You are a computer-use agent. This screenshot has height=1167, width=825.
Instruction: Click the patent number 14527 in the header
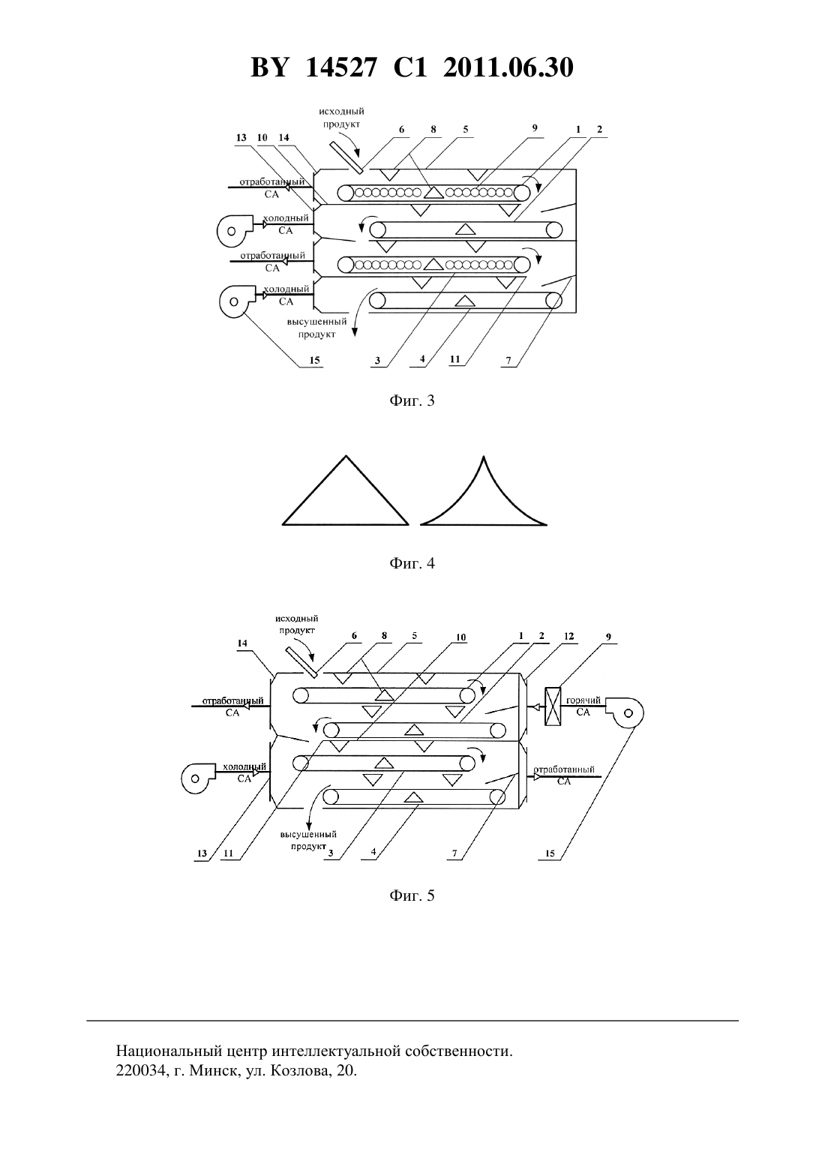340,67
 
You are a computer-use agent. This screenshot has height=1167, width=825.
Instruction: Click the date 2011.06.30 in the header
508,67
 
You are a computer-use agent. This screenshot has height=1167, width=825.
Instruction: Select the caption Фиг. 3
412,400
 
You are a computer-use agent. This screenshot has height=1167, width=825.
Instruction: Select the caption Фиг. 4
412,563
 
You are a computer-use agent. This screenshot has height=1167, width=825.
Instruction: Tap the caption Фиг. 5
412,895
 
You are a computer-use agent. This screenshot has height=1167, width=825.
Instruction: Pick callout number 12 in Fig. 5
568,636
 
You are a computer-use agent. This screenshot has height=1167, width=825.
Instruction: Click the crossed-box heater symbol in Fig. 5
552,706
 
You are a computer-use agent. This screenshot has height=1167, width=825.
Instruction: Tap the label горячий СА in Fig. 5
583,706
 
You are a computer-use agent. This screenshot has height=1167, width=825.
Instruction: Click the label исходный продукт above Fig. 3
342,117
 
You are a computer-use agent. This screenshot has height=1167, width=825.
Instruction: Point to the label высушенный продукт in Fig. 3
317,328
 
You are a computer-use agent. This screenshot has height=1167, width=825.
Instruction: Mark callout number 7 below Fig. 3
508,360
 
